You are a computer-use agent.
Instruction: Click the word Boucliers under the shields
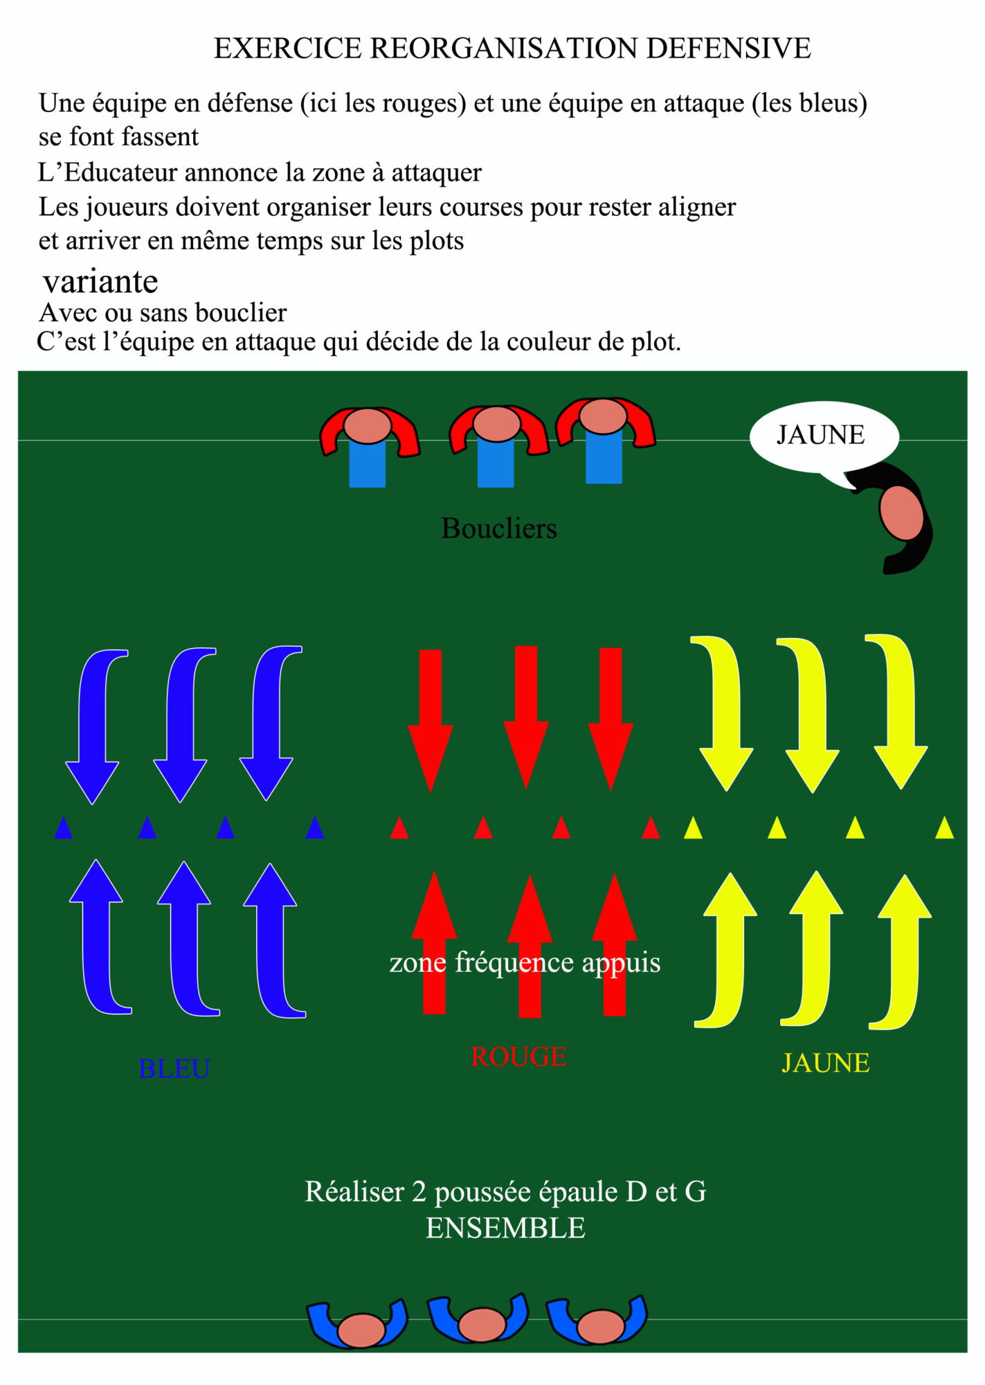click(x=498, y=529)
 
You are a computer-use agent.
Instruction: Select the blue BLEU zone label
click(x=174, y=1069)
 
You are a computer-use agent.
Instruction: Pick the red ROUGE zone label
click(x=518, y=1057)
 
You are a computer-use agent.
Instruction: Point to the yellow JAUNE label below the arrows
click(x=825, y=1063)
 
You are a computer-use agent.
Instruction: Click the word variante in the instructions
click(x=100, y=282)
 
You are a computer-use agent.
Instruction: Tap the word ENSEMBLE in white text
click(x=505, y=1228)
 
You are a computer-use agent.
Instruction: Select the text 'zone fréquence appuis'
click(x=525, y=963)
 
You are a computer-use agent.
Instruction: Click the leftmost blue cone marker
click(x=63, y=828)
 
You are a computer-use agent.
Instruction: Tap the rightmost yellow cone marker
click(x=944, y=828)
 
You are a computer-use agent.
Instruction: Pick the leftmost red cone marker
click(x=399, y=828)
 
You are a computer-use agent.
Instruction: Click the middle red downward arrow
click(x=526, y=713)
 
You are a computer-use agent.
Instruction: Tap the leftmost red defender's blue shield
click(x=367, y=463)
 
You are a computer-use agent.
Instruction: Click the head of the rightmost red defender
click(x=603, y=416)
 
